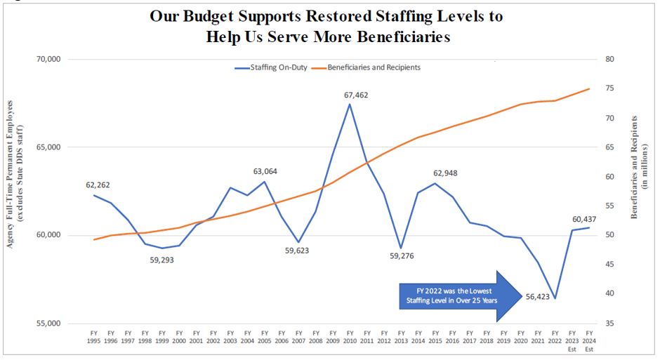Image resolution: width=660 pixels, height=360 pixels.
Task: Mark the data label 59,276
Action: coord(401,256)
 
